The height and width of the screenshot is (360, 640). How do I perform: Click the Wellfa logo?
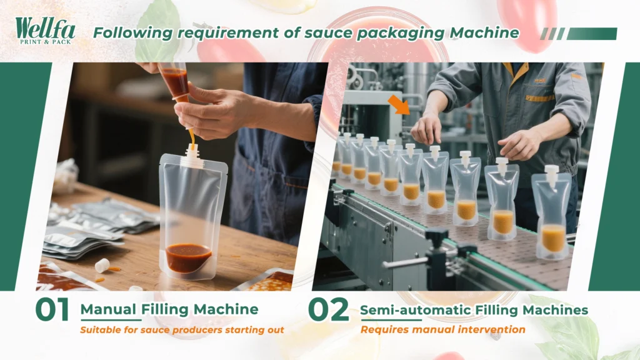coord(45,31)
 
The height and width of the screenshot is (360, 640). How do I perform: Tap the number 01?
coord(52,310)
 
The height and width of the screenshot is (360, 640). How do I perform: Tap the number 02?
coord(328,310)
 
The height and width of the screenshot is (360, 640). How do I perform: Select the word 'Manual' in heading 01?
coord(109,309)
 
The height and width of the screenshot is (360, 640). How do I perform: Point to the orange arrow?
coord(399,105)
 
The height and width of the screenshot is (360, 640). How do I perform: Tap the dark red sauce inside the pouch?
coord(189,257)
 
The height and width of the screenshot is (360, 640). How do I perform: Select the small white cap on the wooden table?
coord(102,265)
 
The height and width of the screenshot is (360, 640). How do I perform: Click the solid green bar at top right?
coord(592,34)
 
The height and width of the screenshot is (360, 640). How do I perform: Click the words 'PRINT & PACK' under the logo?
coord(46,42)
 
